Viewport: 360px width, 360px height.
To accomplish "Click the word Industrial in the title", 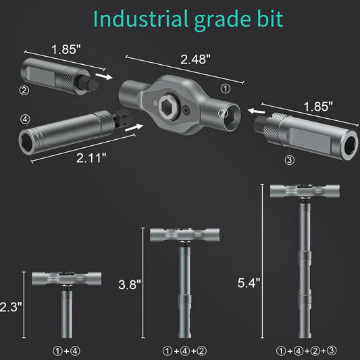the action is tap(140, 19).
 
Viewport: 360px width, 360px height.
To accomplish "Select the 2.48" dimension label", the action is tap(195, 59).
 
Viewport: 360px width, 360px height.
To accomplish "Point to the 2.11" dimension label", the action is tap(91, 158).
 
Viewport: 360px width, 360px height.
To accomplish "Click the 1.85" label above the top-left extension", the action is tap(66, 49).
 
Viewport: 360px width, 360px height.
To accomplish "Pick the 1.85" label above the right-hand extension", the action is tap(318, 106).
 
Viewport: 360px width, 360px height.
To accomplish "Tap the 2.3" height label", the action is tap(11, 307).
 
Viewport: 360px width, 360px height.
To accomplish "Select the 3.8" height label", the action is tap(130, 285).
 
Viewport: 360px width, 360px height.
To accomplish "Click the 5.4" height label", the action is tap(249, 283).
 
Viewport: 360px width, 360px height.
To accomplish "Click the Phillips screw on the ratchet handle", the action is tap(186, 111).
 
